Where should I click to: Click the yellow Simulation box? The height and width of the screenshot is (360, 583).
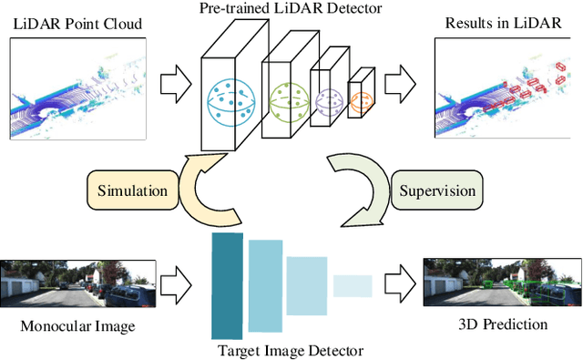[x=133, y=192]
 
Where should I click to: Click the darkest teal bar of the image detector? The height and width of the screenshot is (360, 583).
[x=227, y=284]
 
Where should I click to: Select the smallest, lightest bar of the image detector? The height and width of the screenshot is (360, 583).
[x=353, y=286]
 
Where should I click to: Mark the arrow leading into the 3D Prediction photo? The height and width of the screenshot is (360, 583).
[x=398, y=284]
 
